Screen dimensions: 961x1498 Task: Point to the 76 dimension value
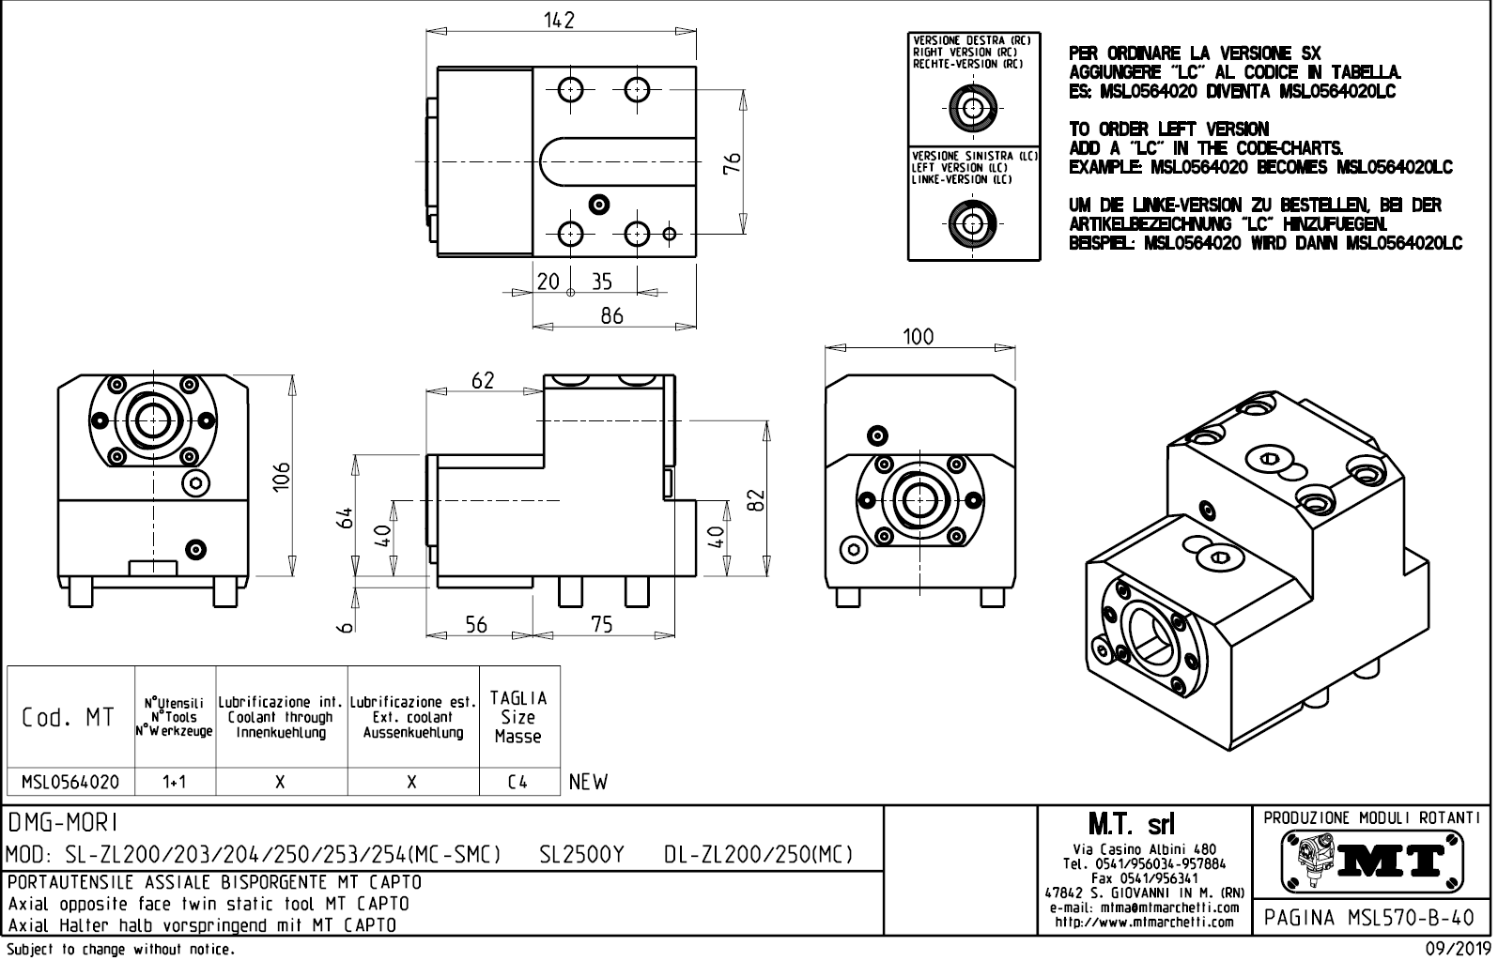pos(734,161)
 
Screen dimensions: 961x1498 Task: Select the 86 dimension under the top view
pos(611,315)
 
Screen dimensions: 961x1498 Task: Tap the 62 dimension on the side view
pos(483,380)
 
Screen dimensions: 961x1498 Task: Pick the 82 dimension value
pos(758,500)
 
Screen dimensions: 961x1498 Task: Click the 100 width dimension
pos(918,337)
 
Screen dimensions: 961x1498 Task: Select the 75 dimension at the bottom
pos(602,624)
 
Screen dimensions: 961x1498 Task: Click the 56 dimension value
pos(476,624)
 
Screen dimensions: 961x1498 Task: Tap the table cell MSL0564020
pos(70,782)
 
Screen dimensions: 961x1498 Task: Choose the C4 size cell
pos(517,782)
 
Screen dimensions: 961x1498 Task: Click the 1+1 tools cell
pos(175,782)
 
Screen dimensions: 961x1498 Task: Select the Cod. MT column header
pos(69,718)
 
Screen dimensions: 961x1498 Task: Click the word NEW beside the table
pos(589,782)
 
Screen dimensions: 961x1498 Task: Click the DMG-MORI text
pos(64,823)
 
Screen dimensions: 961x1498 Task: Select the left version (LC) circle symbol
pos(973,222)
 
